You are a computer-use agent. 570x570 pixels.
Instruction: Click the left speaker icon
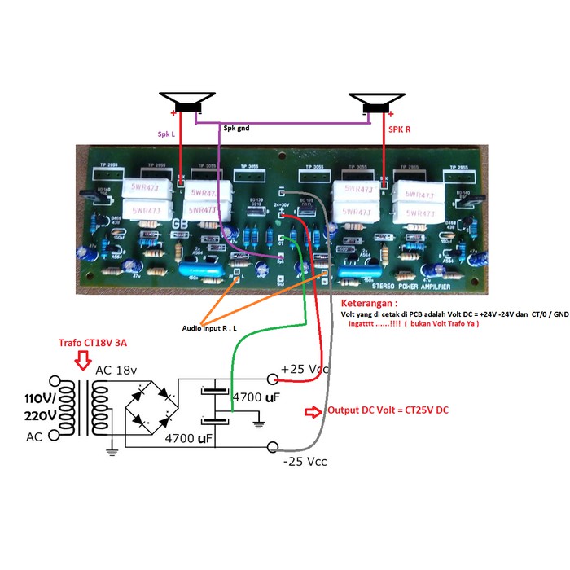point(187,103)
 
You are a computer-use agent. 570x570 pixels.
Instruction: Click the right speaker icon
point(376,103)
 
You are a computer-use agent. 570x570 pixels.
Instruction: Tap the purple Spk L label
point(166,132)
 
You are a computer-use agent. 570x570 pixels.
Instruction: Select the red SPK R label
point(398,129)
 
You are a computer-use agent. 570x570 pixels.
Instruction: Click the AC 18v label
point(117,370)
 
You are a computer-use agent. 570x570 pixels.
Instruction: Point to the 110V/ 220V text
point(32,406)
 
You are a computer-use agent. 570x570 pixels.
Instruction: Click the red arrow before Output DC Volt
point(313,410)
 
